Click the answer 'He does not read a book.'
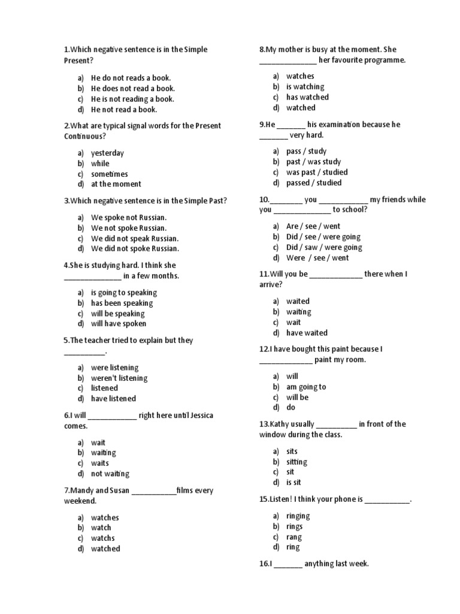point(132,88)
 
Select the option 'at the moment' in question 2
point(116,184)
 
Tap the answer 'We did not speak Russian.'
point(135,238)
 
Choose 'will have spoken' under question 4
point(118,324)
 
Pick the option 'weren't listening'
point(119,378)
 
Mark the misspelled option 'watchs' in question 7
point(102,538)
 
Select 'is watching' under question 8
point(305,87)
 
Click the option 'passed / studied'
point(314,183)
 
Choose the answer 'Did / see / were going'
point(323,237)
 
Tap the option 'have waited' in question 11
point(307,333)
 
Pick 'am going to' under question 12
point(306,387)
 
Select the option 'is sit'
point(293,482)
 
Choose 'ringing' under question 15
point(298,516)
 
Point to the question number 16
point(264,564)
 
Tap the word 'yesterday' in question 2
point(107,153)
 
